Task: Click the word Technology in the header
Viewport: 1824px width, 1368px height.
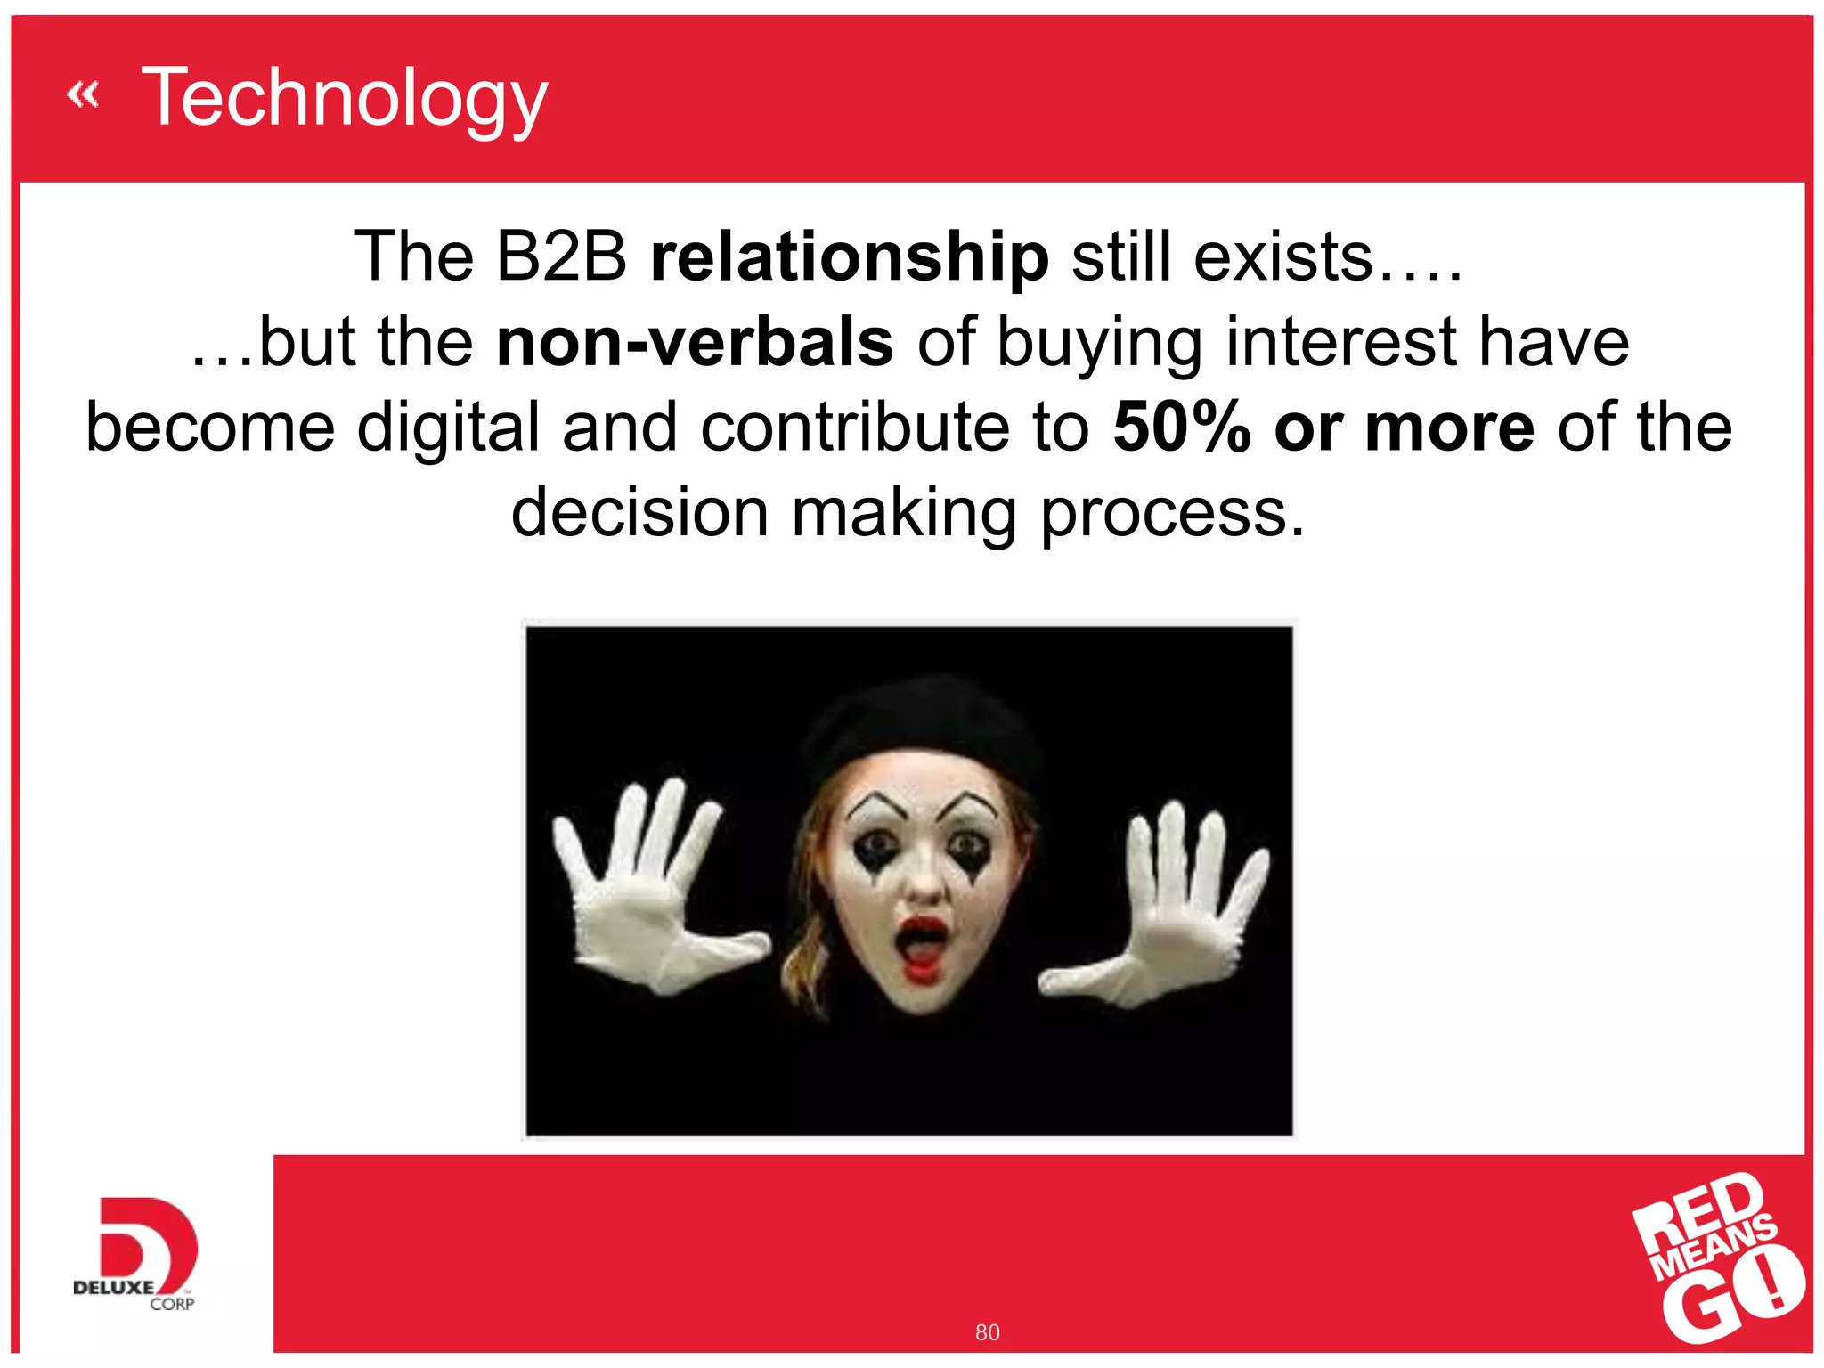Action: tap(345, 98)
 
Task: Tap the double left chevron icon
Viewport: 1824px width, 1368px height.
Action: tap(83, 94)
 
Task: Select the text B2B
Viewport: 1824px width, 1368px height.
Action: tap(561, 257)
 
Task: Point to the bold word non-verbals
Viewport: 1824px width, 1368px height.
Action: tap(695, 342)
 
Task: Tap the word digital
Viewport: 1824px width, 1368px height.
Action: tap(448, 427)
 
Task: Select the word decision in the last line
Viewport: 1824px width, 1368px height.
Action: tap(639, 513)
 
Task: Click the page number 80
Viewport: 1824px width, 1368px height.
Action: tap(987, 1332)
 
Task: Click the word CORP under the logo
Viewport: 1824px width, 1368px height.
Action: tap(172, 1304)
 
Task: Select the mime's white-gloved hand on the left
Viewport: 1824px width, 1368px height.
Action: tap(646, 891)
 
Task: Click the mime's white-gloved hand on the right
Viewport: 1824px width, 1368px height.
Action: tap(1176, 908)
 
